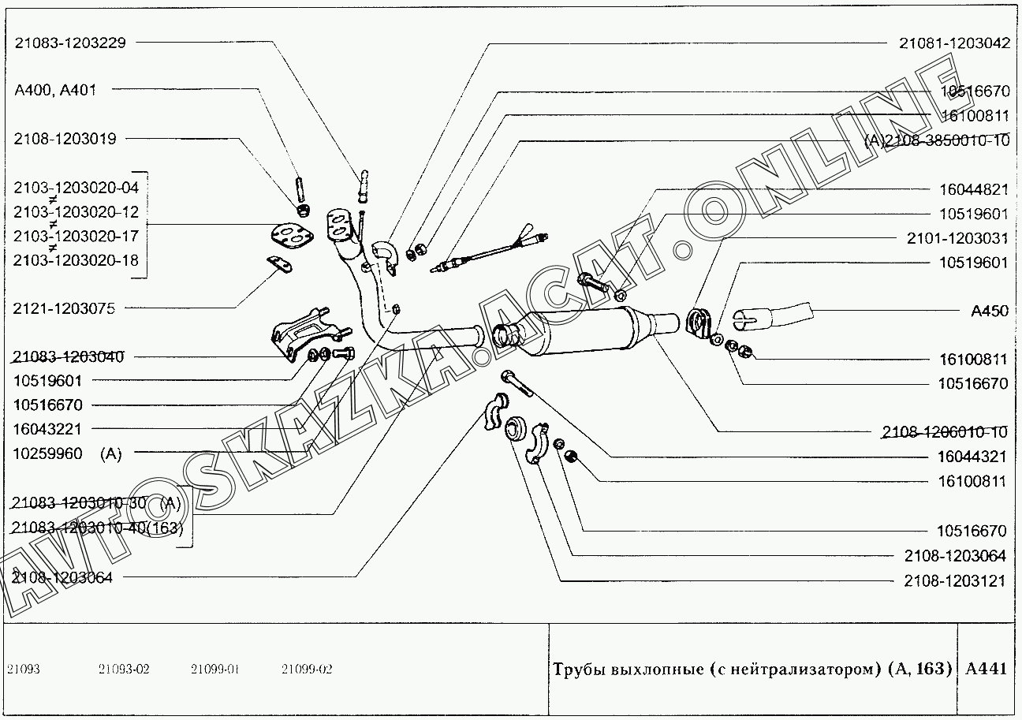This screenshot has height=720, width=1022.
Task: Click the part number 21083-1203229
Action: (70, 43)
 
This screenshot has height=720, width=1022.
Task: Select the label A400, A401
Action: (55, 90)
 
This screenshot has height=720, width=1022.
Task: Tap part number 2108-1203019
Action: (65, 139)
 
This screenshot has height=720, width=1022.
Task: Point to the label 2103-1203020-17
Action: (76, 236)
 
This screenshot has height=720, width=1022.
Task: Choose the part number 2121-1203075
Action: (64, 309)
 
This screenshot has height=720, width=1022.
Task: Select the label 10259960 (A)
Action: (68, 453)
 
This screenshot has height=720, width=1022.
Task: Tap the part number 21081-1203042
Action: (954, 43)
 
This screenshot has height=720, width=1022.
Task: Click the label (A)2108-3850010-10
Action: (937, 141)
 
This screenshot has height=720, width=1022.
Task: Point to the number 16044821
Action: (973, 190)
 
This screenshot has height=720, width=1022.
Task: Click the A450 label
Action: (989, 311)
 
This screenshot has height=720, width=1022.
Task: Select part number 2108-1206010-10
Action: (945, 431)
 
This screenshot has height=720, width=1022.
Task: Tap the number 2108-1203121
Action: (955, 581)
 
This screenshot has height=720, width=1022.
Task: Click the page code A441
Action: (986, 669)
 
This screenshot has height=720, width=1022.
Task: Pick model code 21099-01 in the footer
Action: (214, 670)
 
